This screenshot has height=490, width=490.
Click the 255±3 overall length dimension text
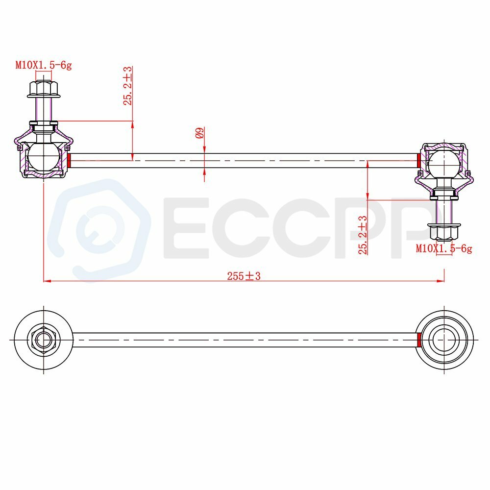point(244,276)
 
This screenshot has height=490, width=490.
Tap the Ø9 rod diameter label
point(200,132)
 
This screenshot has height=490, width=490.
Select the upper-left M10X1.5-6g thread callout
point(44,65)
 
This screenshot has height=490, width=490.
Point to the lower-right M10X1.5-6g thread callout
point(444,248)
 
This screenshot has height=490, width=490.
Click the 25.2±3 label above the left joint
point(128,86)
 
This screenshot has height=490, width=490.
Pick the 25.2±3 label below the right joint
point(363,235)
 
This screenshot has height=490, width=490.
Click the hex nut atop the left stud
point(44,89)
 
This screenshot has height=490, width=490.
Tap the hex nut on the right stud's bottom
point(444,232)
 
